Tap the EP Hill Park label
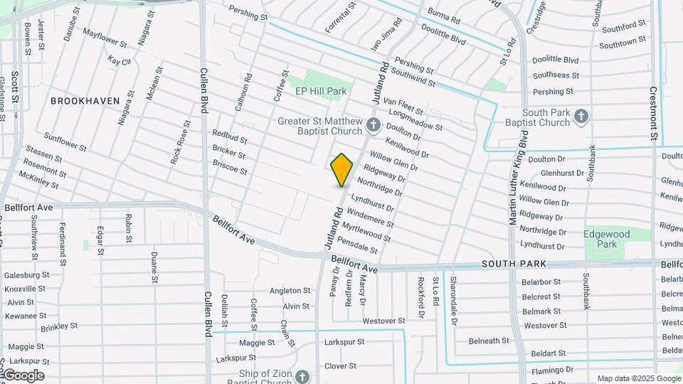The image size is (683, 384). tap(321, 91)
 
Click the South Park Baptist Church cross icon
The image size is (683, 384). tap(581, 117)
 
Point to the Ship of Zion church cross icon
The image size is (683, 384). tap(302, 376)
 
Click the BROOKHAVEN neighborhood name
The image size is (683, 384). tap(85, 101)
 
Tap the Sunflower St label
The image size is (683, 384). tap(65, 142)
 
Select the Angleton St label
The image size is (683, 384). tap(290, 291)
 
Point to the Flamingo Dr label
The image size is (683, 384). tap(552, 370)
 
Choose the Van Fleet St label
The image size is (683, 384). tap(403, 107)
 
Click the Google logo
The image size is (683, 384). tap(23, 375)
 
